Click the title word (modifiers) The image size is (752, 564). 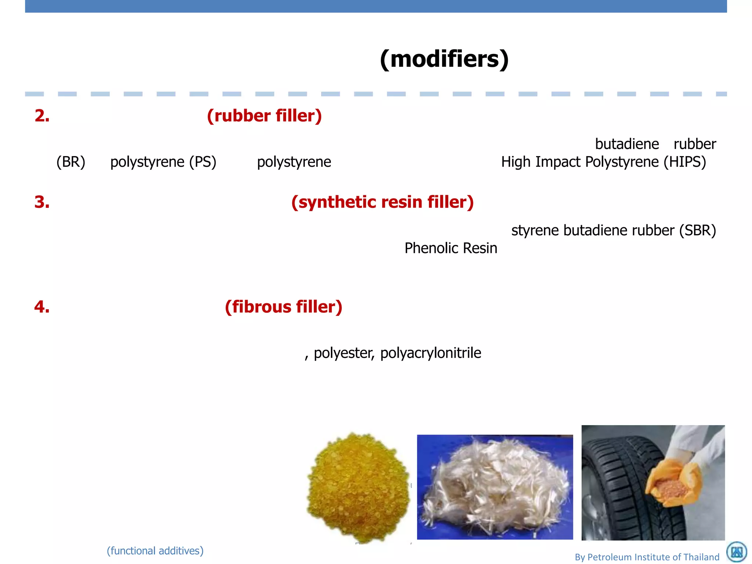tap(444, 59)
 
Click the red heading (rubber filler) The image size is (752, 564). tap(264, 116)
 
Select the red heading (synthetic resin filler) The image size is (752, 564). tap(382, 202)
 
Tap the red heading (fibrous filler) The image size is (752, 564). tap(283, 307)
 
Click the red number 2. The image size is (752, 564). tap(42, 116)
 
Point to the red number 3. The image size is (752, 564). tap(42, 202)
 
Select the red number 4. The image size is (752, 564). tap(42, 307)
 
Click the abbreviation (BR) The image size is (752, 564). tap(71, 162)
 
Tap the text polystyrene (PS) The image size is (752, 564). tap(163, 162)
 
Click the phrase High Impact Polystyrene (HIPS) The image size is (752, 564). tap(604, 162)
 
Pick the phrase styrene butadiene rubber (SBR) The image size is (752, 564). tap(614, 230)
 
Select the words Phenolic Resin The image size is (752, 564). tap(451, 248)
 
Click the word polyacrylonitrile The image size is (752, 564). tap(431, 353)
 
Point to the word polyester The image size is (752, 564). tap(344, 353)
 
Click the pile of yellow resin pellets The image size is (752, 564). tap(358, 487)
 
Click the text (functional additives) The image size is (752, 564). tap(155, 551)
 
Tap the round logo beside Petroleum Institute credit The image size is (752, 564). tap(737, 552)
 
